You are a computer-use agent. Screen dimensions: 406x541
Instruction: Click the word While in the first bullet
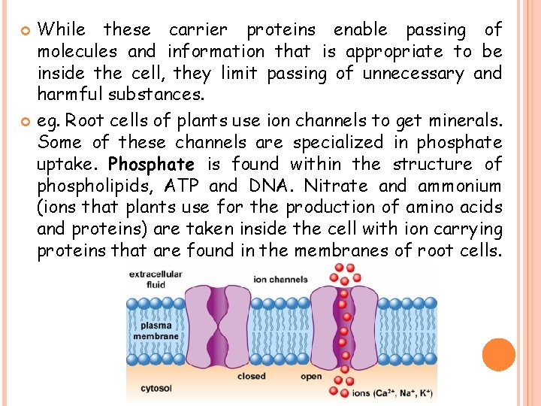click(x=62, y=30)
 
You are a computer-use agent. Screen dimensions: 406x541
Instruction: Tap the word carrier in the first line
click(x=198, y=30)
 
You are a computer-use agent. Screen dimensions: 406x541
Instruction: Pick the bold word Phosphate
click(x=151, y=163)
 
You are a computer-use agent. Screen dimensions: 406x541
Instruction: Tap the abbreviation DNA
click(x=268, y=186)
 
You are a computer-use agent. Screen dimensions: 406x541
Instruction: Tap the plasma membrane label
click(x=156, y=331)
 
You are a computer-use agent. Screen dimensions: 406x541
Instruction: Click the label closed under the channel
click(x=251, y=377)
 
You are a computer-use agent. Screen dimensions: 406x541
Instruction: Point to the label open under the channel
click(x=311, y=377)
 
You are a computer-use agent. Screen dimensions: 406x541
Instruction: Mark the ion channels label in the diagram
click(x=281, y=280)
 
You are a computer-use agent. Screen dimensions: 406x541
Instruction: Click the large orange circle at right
click(x=498, y=355)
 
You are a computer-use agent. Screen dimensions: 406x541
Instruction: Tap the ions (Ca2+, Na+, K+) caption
click(x=390, y=392)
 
